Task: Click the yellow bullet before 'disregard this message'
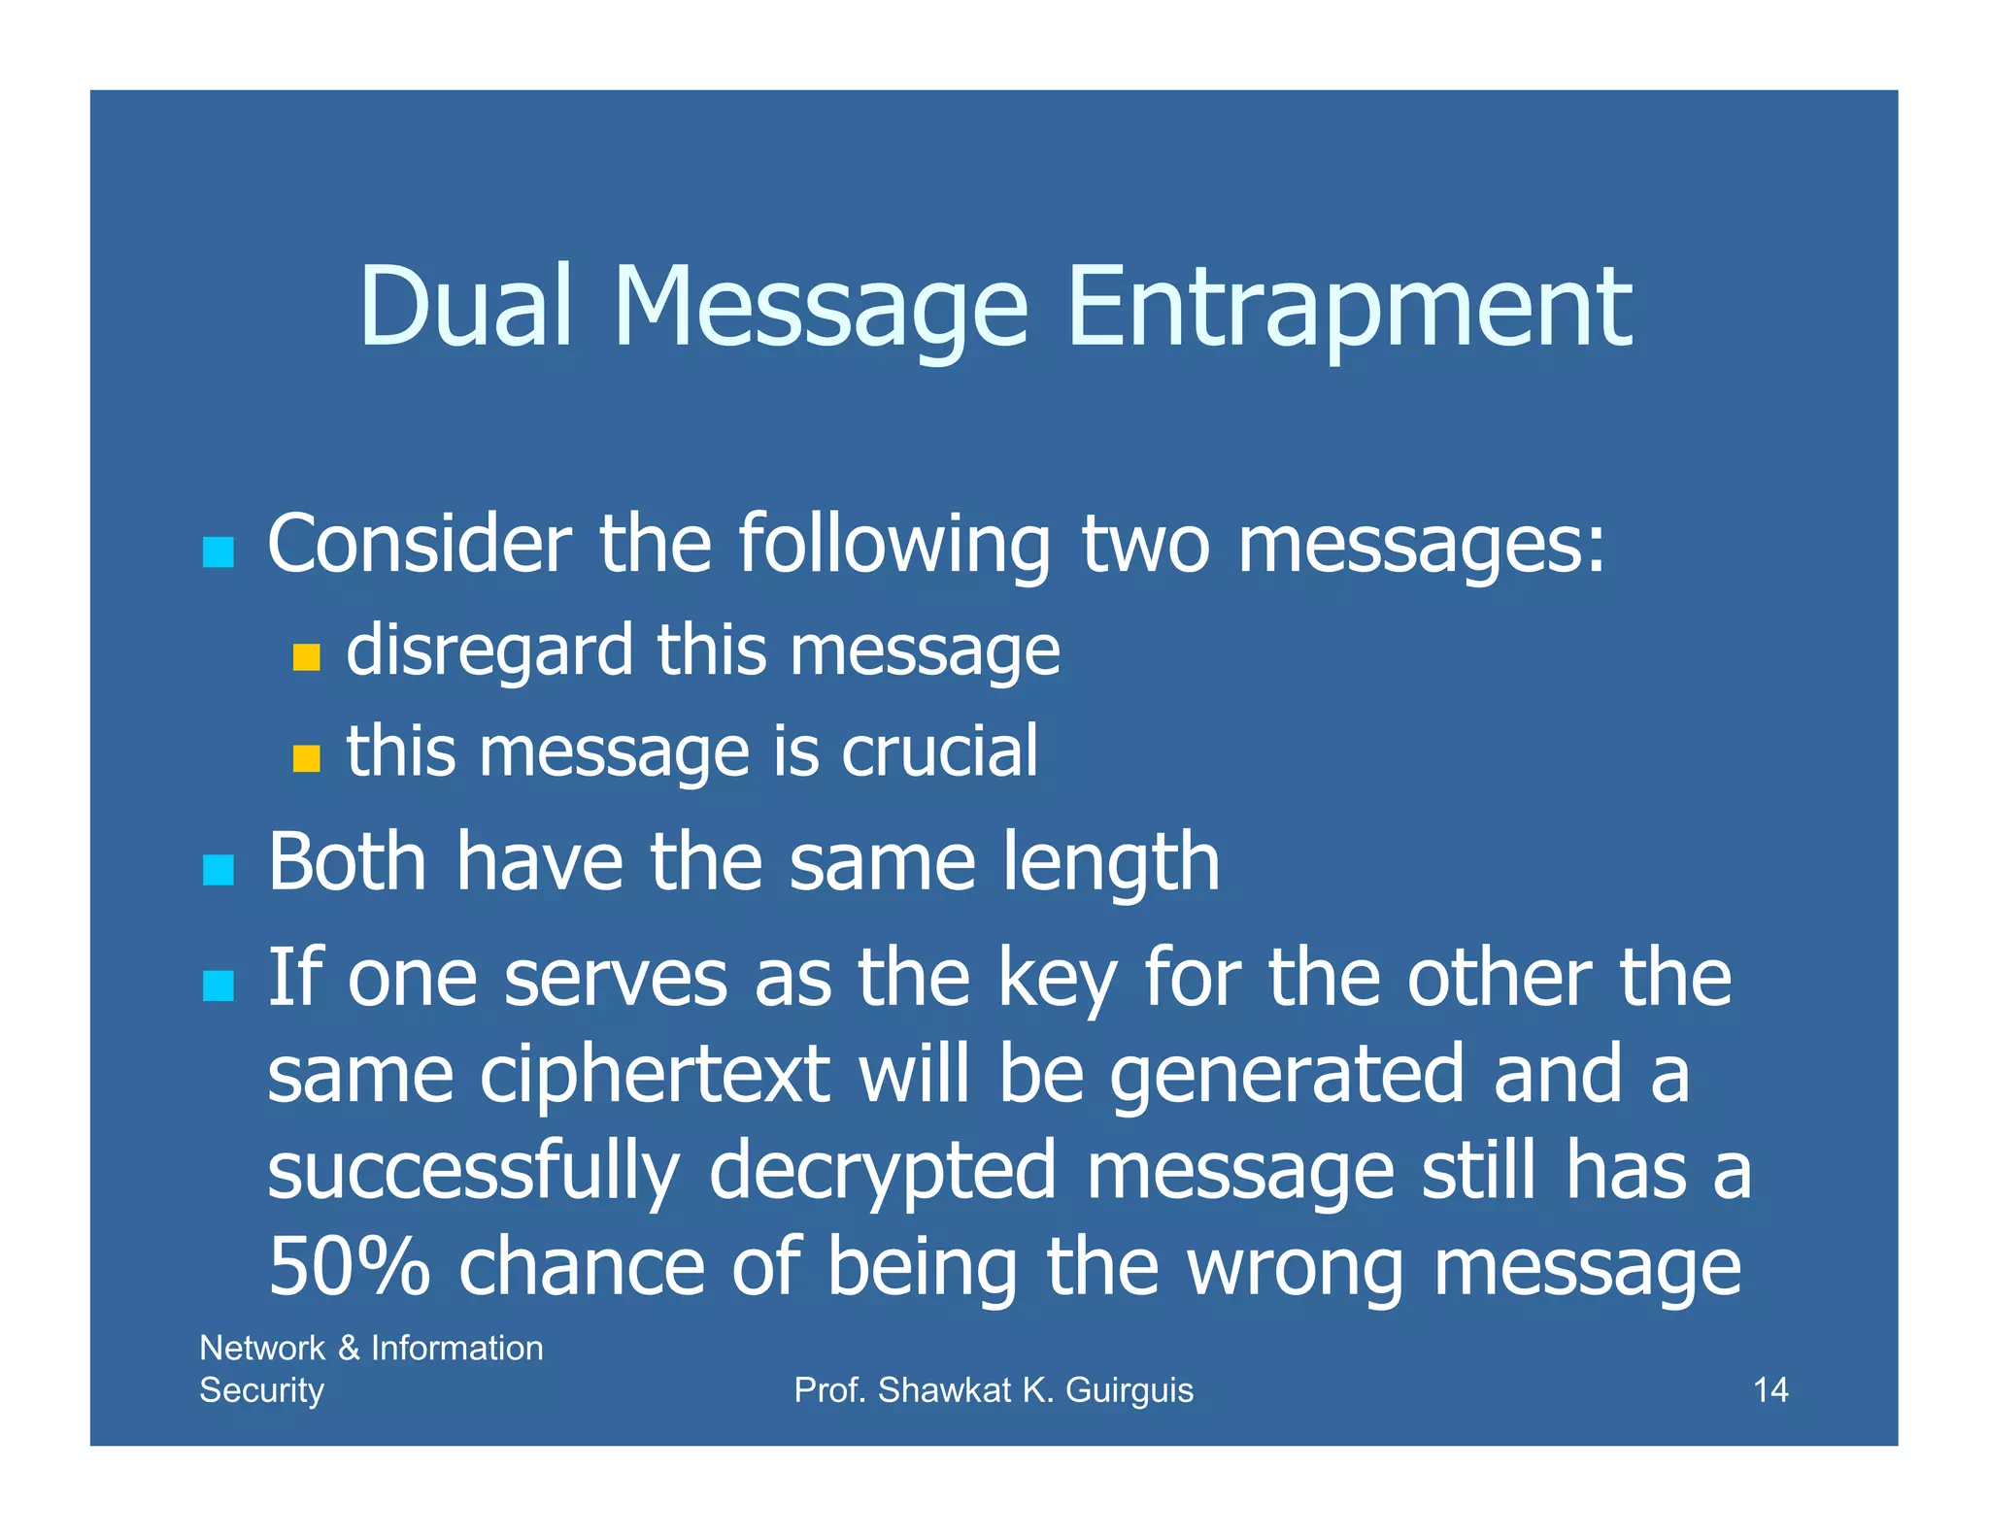point(306,657)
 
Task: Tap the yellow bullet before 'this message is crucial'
point(306,758)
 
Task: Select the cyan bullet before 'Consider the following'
point(219,552)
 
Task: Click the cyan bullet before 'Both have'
point(219,870)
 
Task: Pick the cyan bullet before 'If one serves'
point(219,985)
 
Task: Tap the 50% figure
point(349,1267)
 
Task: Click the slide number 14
point(1770,1390)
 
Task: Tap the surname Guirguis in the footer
point(1129,1391)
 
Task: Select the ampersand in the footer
point(349,1349)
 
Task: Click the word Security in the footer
point(261,1391)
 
